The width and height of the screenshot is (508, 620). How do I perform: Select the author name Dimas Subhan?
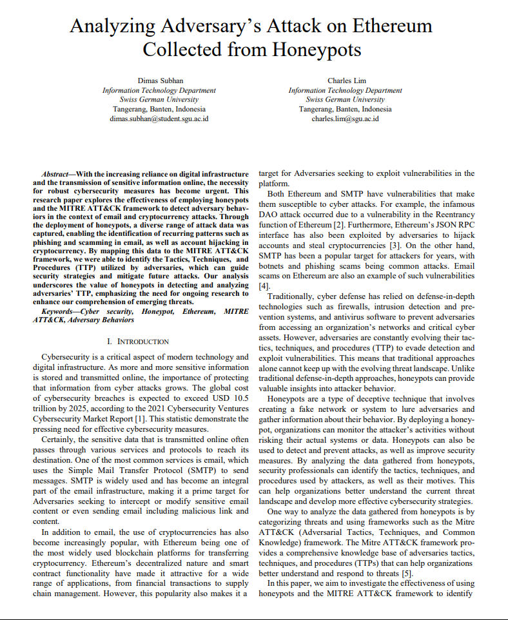click(x=159, y=81)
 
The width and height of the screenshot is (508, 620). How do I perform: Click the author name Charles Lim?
click(x=347, y=81)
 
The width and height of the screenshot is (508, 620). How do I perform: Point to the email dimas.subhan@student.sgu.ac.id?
click(x=159, y=119)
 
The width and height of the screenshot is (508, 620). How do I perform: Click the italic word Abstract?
click(x=56, y=174)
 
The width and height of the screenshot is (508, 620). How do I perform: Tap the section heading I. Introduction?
click(x=138, y=341)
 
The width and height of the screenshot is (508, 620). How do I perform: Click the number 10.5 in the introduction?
click(x=237, y=378)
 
